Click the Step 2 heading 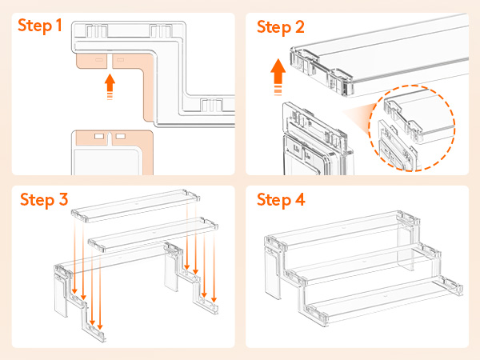pos(281,28)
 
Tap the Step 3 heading pos(44,201)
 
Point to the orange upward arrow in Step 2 pos(278,77)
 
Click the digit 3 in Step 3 pos(63,199)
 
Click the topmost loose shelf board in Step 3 pos(136,205)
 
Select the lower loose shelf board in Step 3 pos(153,234)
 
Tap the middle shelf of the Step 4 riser pos(362,263)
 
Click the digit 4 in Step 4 pos(300,199)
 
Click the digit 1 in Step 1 pos(59,25)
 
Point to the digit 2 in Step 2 pos(300,26)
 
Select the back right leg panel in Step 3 pos(171,269)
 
